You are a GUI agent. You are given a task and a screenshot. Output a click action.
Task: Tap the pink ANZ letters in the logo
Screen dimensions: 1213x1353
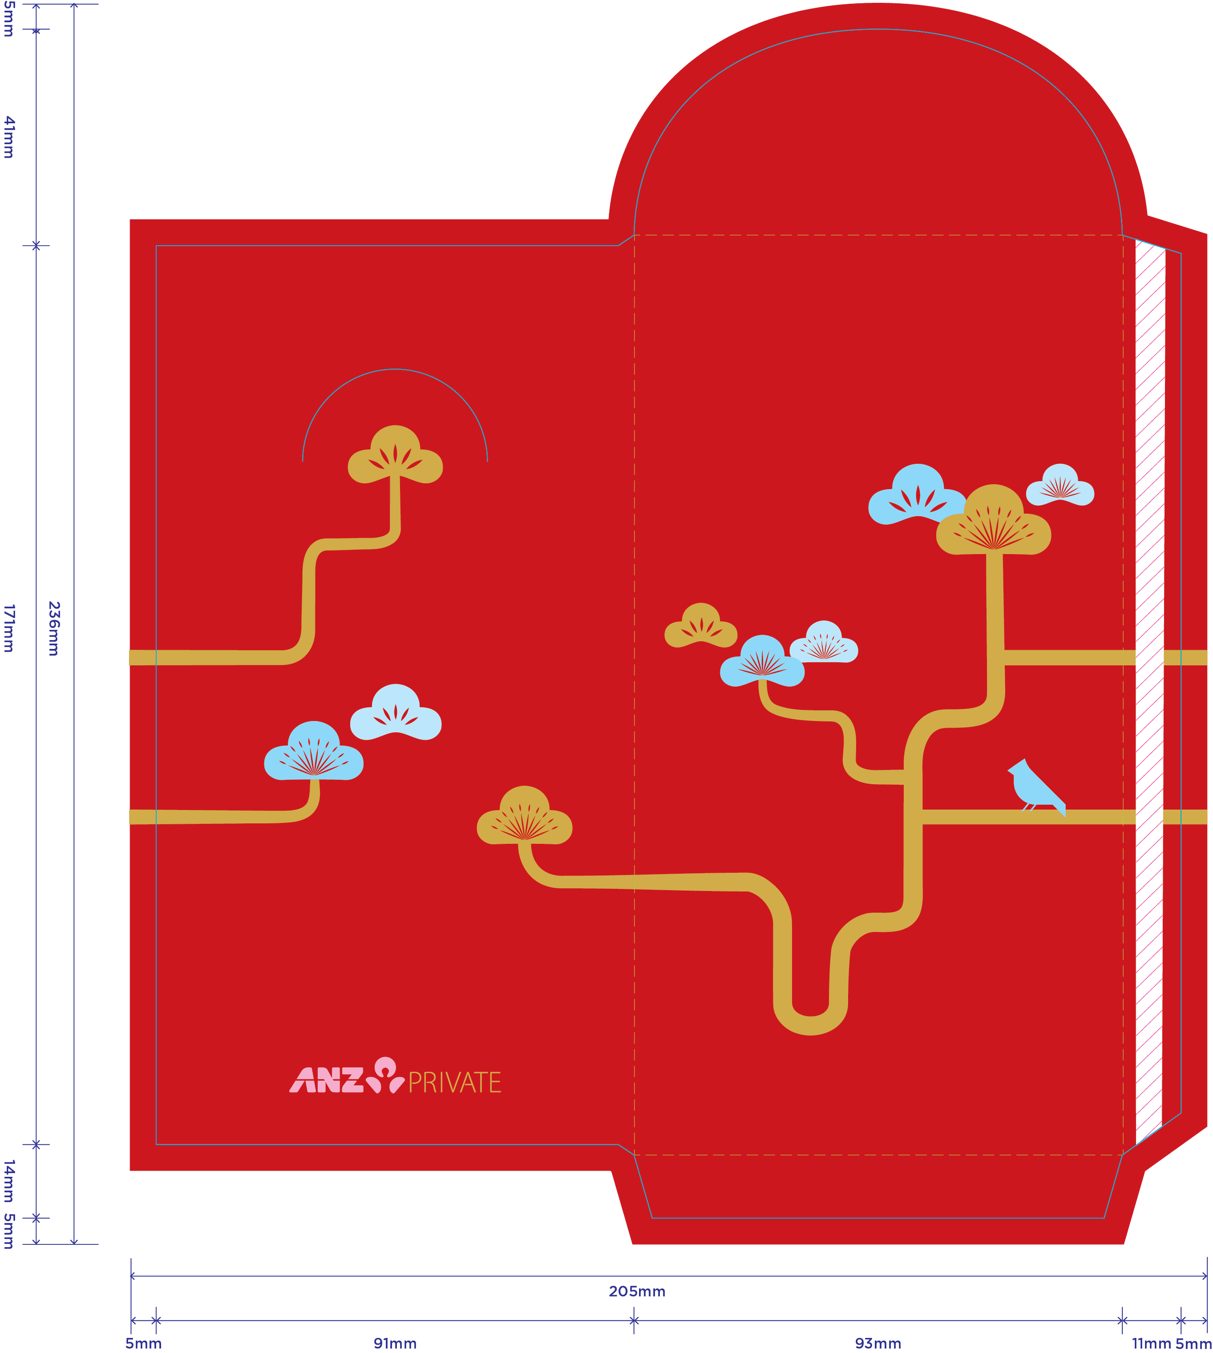click(327, 1080)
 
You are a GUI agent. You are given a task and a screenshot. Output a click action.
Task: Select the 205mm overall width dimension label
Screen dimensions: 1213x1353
click(637, 1292)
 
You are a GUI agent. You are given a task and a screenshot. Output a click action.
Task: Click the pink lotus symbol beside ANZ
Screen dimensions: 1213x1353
click(386, 1074)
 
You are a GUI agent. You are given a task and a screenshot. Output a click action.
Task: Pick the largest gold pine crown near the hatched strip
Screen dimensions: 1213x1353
click(993, 521)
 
